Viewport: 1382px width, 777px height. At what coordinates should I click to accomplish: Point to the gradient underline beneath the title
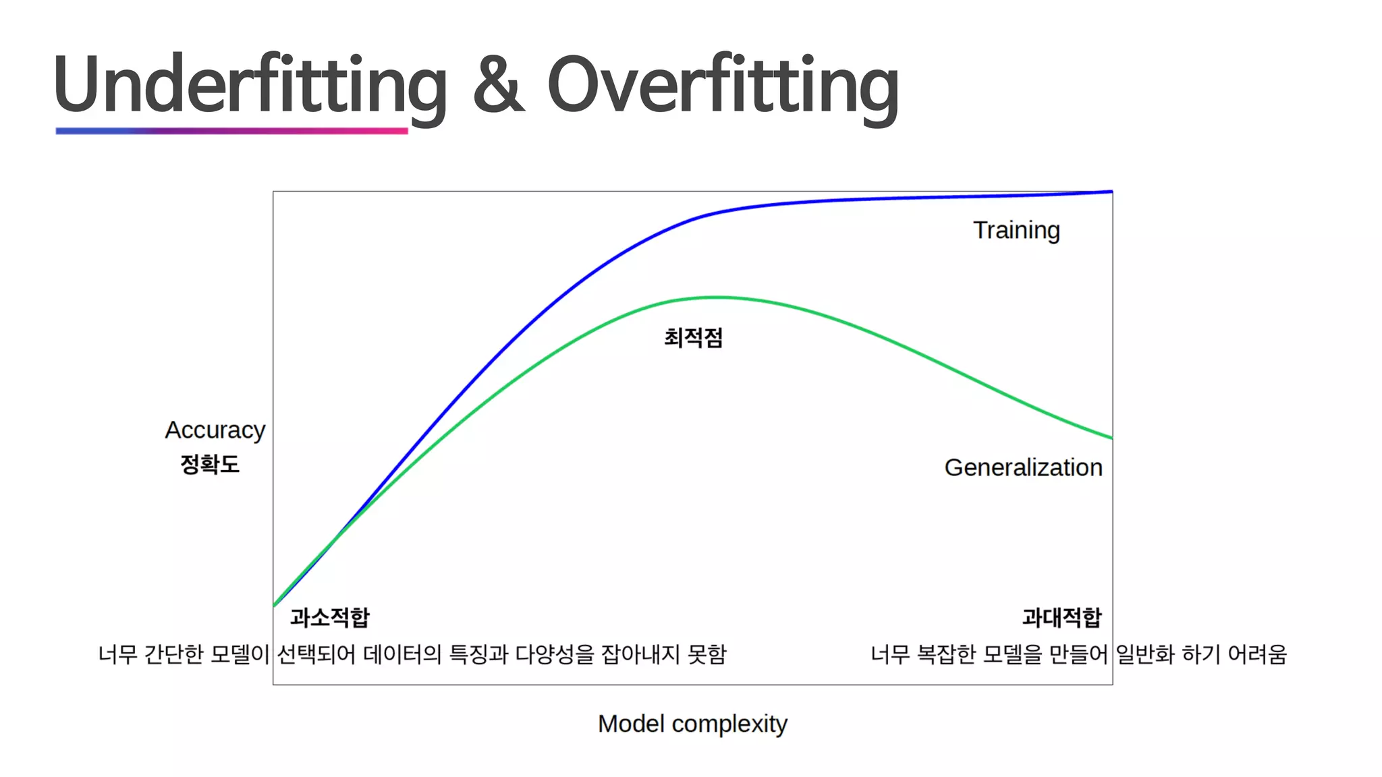231,131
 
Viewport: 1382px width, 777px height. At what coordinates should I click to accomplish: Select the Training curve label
1016,231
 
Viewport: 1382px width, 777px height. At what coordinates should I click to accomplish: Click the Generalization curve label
1023,467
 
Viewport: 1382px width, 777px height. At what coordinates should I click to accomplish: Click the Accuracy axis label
215,430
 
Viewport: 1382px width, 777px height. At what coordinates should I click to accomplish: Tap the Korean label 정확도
210,464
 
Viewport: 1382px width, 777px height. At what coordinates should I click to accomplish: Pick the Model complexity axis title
692,724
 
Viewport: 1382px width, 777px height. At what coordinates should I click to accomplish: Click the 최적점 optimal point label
693,337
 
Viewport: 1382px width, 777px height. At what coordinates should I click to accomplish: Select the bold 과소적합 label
329,617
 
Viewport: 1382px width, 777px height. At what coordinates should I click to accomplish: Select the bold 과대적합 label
1061,617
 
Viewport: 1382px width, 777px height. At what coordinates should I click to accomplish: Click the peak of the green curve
717,297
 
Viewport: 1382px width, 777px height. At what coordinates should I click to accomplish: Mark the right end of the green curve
1110,438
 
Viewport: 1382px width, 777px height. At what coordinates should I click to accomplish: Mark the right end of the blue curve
1110,192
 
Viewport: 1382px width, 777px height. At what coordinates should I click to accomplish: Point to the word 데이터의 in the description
402,654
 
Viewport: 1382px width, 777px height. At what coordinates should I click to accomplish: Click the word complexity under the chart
729,724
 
